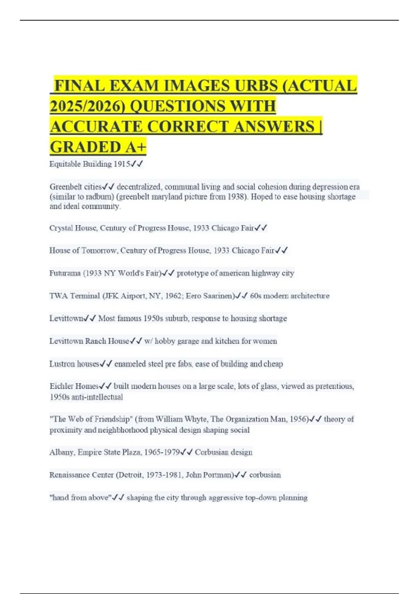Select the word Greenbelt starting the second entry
point(64,187)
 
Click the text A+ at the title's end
point(135,147)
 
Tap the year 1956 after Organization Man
point(299,419)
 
